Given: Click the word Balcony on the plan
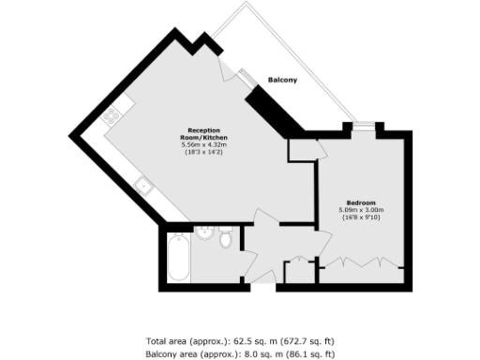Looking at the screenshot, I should tap(282, 80).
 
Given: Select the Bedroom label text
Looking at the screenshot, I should tap(360, 202).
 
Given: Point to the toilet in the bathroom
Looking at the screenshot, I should tap(225, 244).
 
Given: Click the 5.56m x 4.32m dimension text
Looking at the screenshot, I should tap(204, 144).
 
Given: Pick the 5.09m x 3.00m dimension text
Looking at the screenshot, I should tap(361, 210).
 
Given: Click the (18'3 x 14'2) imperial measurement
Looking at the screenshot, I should tap(204, 152).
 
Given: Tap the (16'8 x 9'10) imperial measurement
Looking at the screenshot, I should tap(361, 217).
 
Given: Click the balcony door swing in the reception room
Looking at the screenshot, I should tap(228, 73).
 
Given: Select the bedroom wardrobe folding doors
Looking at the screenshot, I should tap(361, 262).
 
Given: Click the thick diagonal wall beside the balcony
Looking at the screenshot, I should tap(276, 110).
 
